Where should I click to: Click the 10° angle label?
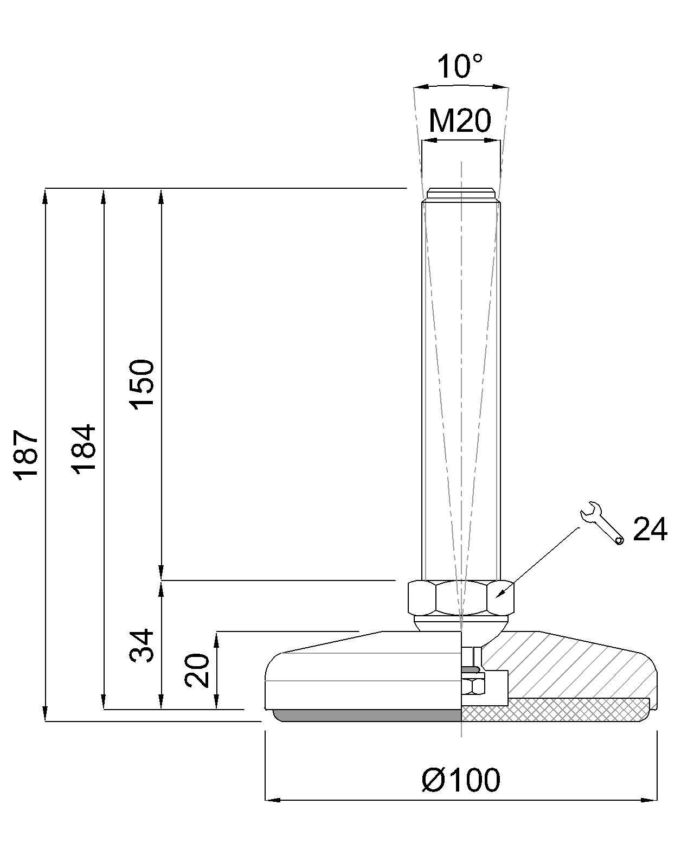coord(459,67)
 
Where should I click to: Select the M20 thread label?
coord(460,120)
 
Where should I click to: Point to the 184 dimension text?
coord(85,449)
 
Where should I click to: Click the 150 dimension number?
coord(143,384)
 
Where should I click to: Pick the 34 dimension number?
coord(143,646)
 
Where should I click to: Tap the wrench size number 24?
coord(650,529)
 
